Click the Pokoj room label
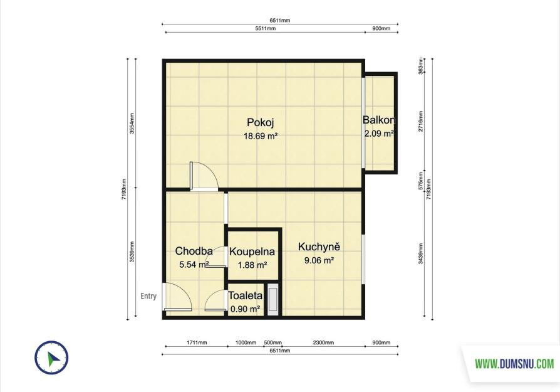[261, 122]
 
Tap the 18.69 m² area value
[261, 136]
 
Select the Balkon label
[379, 120]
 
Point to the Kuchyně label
[319, 246]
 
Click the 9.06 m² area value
[319, 260]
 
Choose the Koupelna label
[252, 252]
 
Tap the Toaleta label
[246, 296]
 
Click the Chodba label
[194, 251]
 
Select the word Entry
[148, 296]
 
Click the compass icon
[51, 358]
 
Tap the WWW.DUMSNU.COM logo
[514, 364]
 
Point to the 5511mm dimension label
[266, 29]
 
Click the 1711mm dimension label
[197, 342]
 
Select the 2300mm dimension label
[324, 342]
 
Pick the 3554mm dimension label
[132, 124]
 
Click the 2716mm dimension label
[421, 121]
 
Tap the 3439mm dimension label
[421, 253]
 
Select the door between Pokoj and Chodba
[204, 176]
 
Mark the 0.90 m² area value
[245, 309]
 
